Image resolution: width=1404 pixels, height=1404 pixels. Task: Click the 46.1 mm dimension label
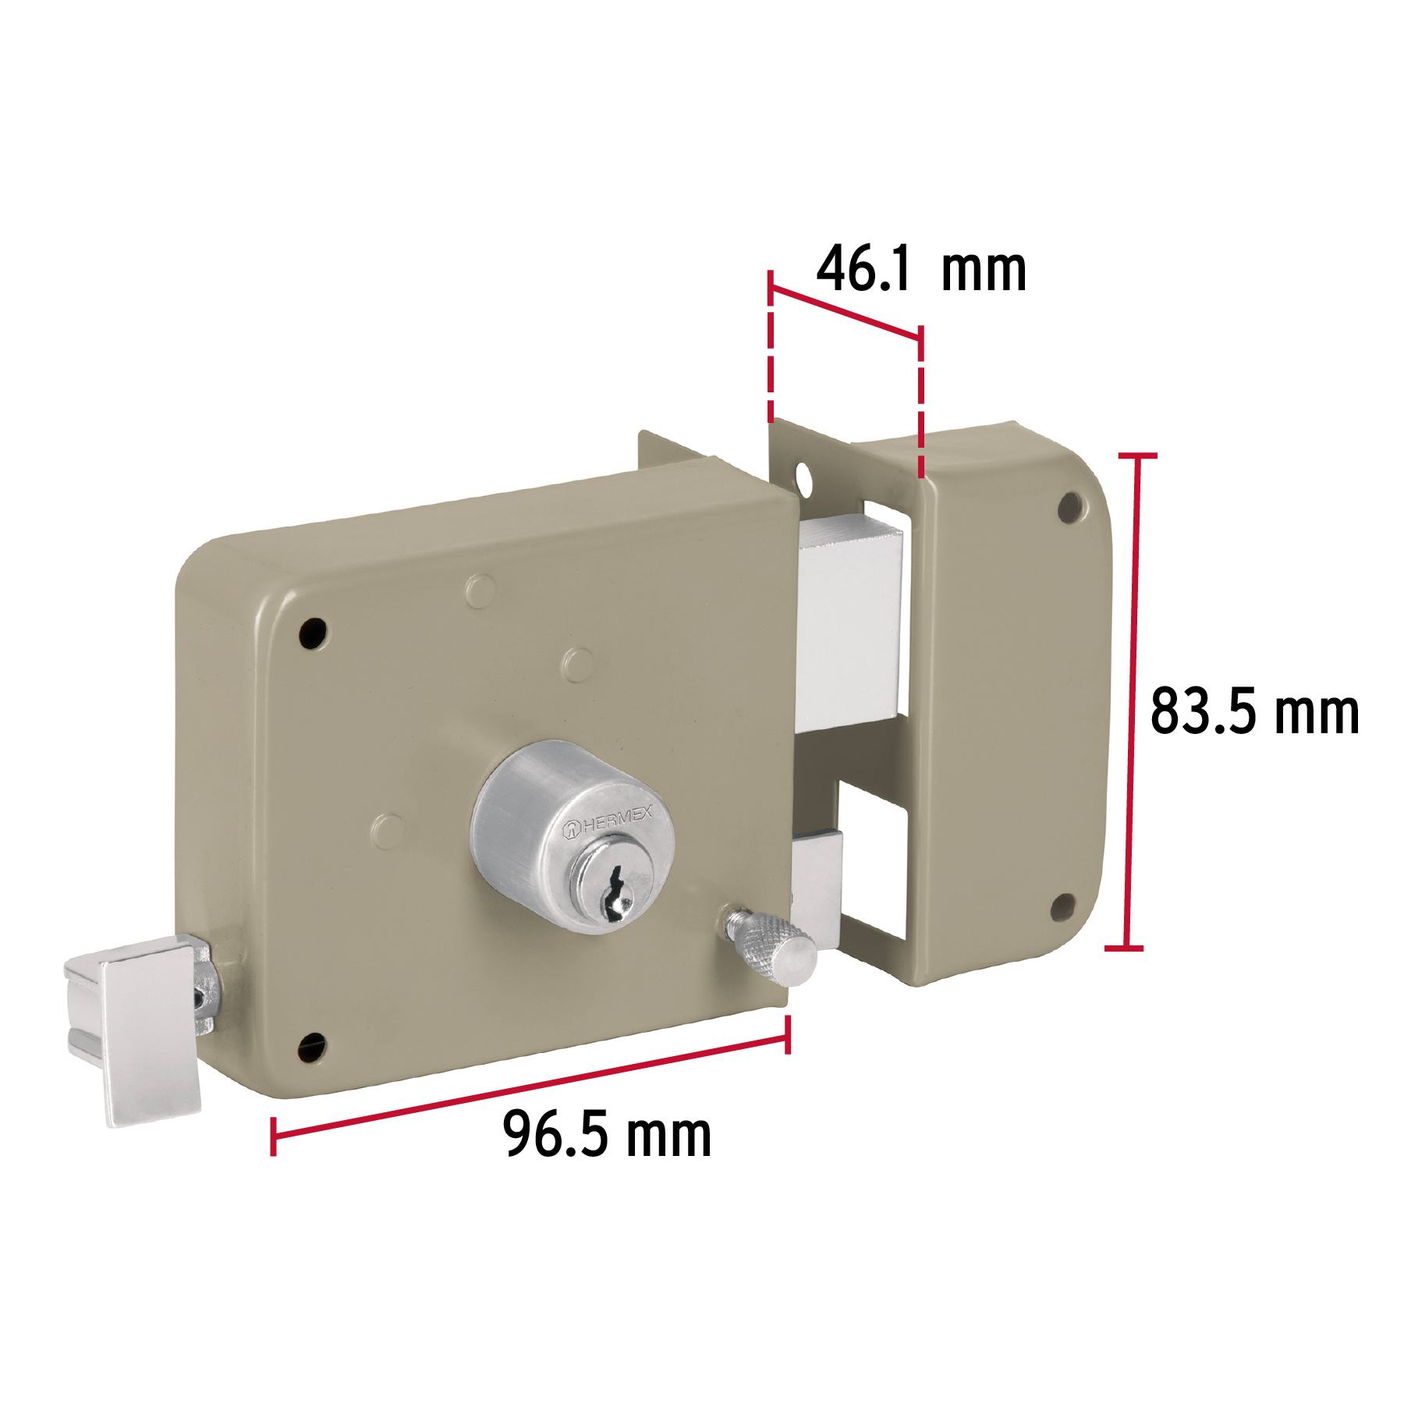click(920, 271)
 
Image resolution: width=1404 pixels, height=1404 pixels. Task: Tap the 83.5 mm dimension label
click(1254, 711)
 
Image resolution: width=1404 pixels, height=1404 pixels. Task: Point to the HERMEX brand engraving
click(608, 822)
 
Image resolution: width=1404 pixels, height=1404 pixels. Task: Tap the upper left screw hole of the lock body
click(314, 633)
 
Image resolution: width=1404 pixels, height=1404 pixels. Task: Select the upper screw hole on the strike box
click(1070, 507)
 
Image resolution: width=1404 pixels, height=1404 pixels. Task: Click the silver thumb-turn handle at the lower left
click(140, 1030)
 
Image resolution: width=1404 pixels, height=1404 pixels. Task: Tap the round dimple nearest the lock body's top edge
click(480, 590)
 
